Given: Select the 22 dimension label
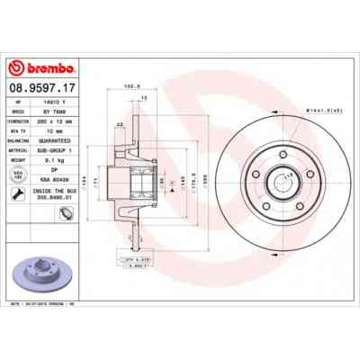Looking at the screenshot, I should (x=120, y=123).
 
